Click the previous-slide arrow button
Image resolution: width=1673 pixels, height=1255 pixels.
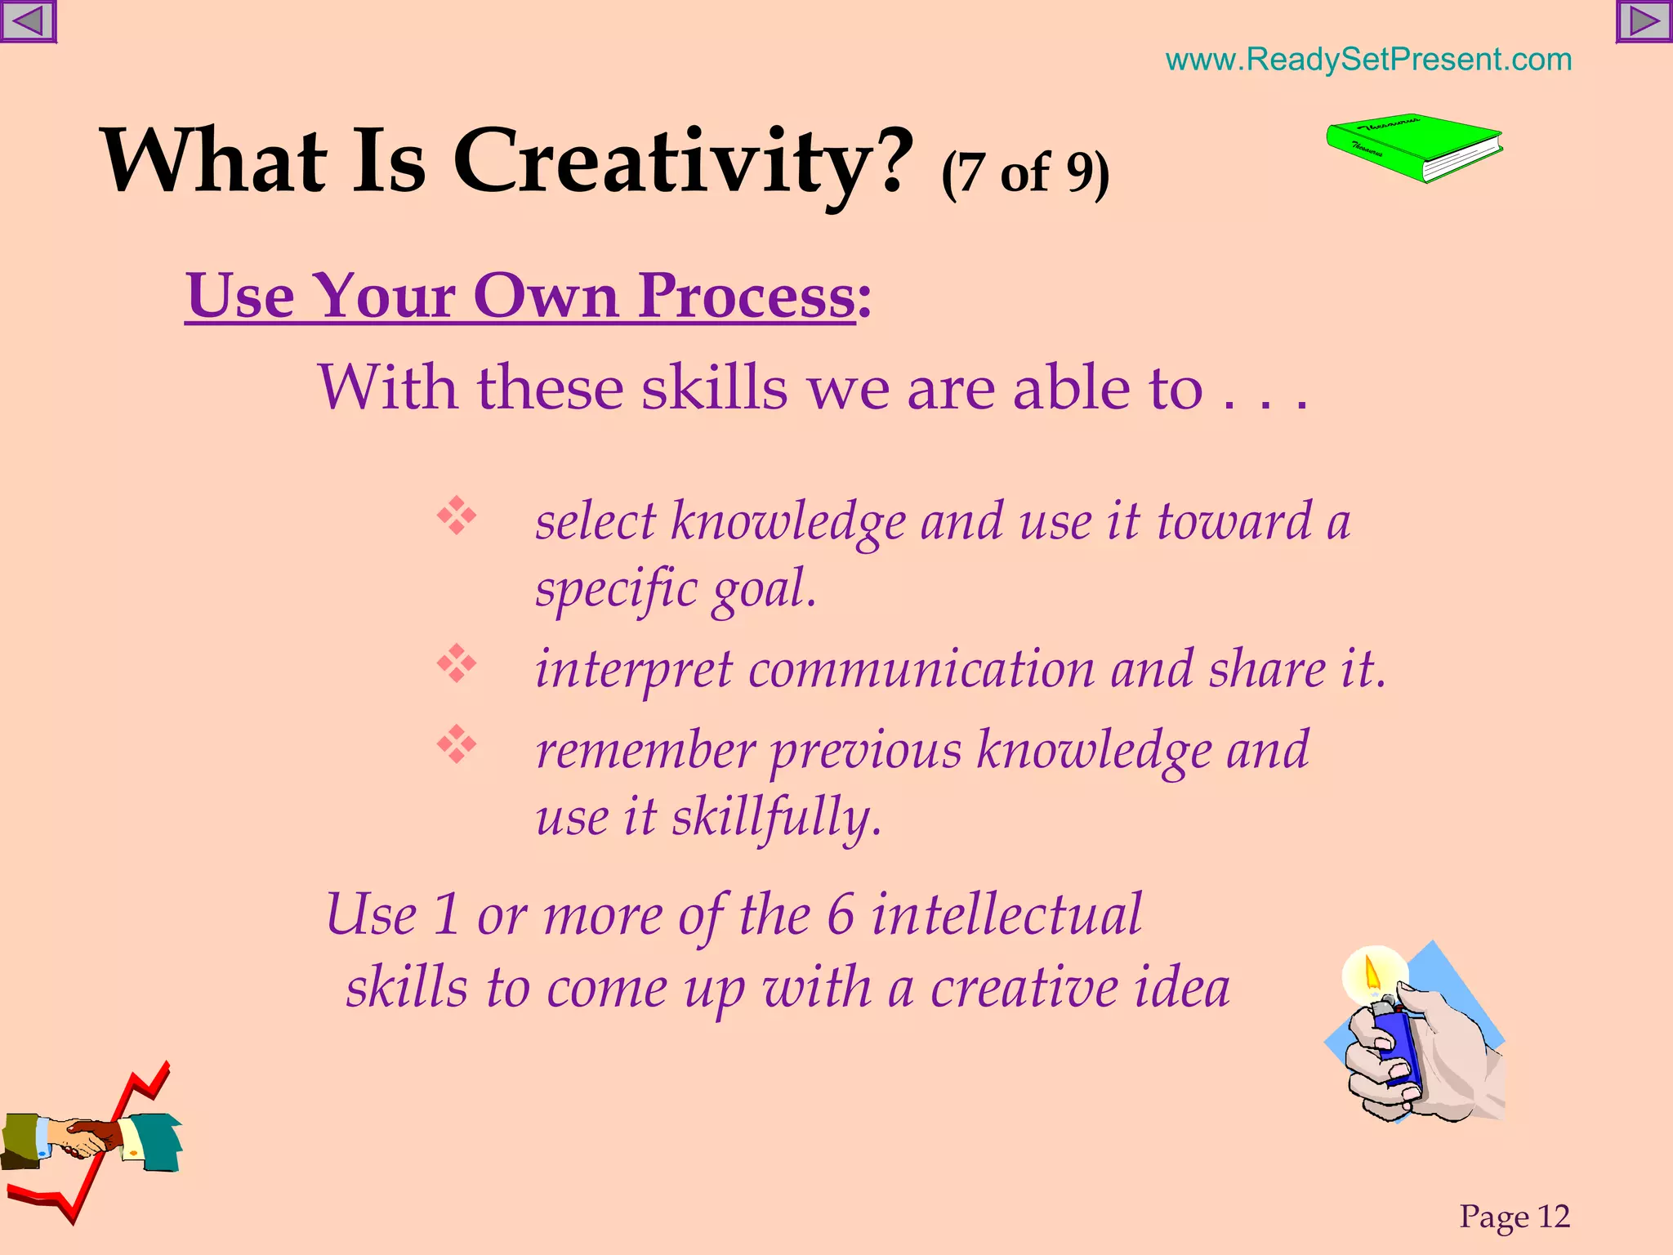(28, 21)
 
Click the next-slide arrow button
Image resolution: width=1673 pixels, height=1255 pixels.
(1644, 21)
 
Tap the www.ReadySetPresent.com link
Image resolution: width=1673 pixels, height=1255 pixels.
(1368, 60)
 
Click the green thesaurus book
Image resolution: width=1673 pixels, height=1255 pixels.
(1413, 148)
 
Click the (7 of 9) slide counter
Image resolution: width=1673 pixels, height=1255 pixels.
(1025, 173)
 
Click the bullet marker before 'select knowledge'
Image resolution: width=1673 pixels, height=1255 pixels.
(457, 516)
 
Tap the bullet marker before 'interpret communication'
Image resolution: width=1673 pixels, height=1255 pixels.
(457, 663)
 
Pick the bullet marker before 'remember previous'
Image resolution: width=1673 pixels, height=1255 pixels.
(457, 744)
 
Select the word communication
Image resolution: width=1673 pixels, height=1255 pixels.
(921, 669)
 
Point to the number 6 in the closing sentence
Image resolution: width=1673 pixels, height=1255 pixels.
(841, 915)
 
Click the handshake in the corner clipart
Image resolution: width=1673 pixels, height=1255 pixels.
(86, 1137)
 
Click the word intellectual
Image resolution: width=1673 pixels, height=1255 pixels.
(1006, 915)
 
